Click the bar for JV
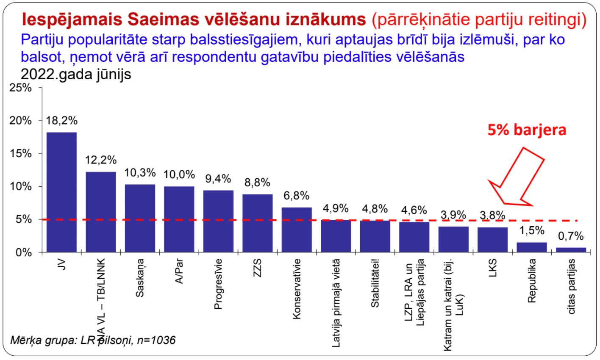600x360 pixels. tap(61, 192)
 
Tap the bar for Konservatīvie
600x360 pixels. tap(297, 230)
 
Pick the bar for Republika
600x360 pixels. tap(532, 247)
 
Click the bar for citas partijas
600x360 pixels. tap(571, 250)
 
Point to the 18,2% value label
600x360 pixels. tap(61, 121)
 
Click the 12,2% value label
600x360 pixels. tap(101, 160)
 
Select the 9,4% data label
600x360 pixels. tap(218, 179)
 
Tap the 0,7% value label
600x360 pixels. tap(571, 236)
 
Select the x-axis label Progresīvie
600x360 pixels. tap(218, 284)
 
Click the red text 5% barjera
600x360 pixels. tap(526, 130)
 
